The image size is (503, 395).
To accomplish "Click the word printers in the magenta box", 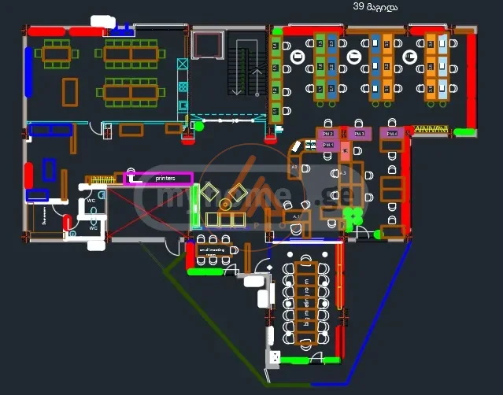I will [165, 179].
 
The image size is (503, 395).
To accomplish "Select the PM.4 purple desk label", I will [391, 134].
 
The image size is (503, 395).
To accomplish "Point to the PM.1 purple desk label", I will [328, 146].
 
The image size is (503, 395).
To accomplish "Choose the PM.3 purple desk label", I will [359, 134].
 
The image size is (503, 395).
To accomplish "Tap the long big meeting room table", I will [305, 303].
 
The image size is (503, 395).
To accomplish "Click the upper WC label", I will [91, 201].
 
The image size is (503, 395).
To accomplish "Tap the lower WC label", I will [92, 227].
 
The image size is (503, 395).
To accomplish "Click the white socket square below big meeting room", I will [274, 356].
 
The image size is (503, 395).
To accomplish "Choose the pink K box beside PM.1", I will [344, 150].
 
